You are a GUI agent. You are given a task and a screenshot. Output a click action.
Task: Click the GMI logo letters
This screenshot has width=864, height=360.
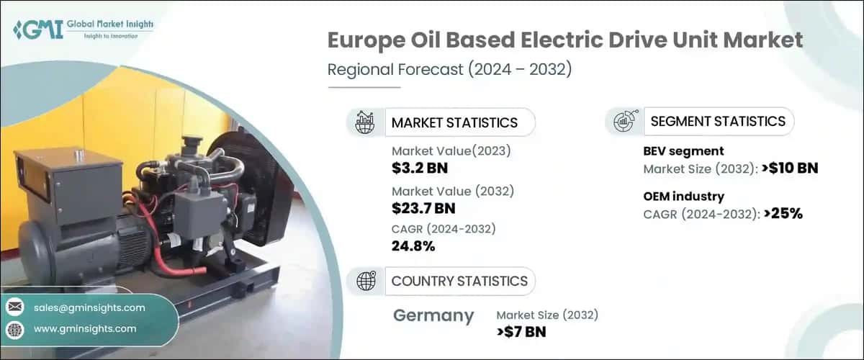pos(37,30)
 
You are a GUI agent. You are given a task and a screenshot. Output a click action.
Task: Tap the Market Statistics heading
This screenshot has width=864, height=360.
pos(454,122)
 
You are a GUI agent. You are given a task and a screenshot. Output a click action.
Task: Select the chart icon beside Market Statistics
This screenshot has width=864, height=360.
pos(365,122)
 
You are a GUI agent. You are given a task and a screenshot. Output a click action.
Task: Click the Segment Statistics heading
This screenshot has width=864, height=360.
pos(718,122)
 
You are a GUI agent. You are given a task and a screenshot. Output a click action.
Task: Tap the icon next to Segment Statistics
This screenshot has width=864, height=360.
pos(624,122)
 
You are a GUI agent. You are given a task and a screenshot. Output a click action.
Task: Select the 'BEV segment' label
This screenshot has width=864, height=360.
pos(683,151)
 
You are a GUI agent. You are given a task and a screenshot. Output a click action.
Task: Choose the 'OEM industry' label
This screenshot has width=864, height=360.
pos(684,196)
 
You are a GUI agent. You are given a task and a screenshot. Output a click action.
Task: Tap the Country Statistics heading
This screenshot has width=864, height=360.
pos(459,281)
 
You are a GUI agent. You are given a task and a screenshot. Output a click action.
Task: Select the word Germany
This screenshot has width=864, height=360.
pos(433,316)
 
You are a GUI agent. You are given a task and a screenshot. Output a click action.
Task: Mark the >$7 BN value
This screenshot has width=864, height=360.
pos(521,332)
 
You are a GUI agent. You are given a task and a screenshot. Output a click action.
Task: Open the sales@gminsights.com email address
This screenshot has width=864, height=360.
pos(89,307)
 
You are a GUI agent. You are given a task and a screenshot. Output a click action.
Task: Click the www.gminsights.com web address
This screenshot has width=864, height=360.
pos(85,328)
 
